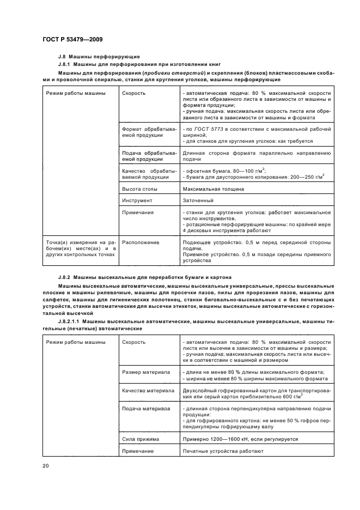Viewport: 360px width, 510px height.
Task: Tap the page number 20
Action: click(x=45, y=465)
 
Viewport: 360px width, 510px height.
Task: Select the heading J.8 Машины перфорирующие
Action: click(x=99, y=57)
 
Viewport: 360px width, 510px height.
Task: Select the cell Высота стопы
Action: click(x=140, y=189)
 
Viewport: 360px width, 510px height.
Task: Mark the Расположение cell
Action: click(x=141, y=242)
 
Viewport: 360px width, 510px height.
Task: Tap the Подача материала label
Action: click(x=146, y=408)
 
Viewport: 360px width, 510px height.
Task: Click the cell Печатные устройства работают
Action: click(x=223, y=451)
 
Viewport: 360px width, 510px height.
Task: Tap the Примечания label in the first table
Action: click(x=138, y=212)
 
